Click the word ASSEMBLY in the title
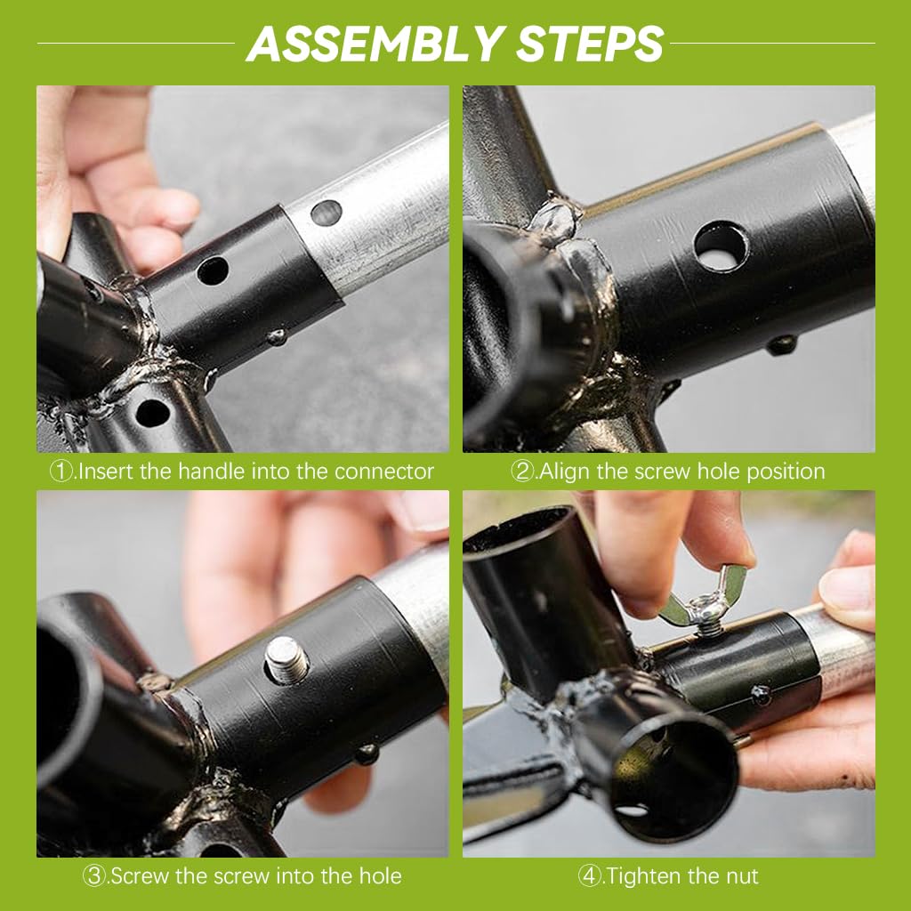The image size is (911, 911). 375,44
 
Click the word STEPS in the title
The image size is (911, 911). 590,44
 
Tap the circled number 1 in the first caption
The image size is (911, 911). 61,472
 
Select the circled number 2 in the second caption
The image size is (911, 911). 521,472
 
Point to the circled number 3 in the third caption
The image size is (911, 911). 93,875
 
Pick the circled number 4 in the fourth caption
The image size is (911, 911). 589,875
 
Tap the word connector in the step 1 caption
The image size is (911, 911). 384,472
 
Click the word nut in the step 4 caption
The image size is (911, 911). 741,877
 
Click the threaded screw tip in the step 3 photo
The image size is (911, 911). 287,659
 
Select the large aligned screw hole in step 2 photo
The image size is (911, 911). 721,246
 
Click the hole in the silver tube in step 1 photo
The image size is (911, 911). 326,213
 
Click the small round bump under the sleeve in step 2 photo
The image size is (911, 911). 781,344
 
